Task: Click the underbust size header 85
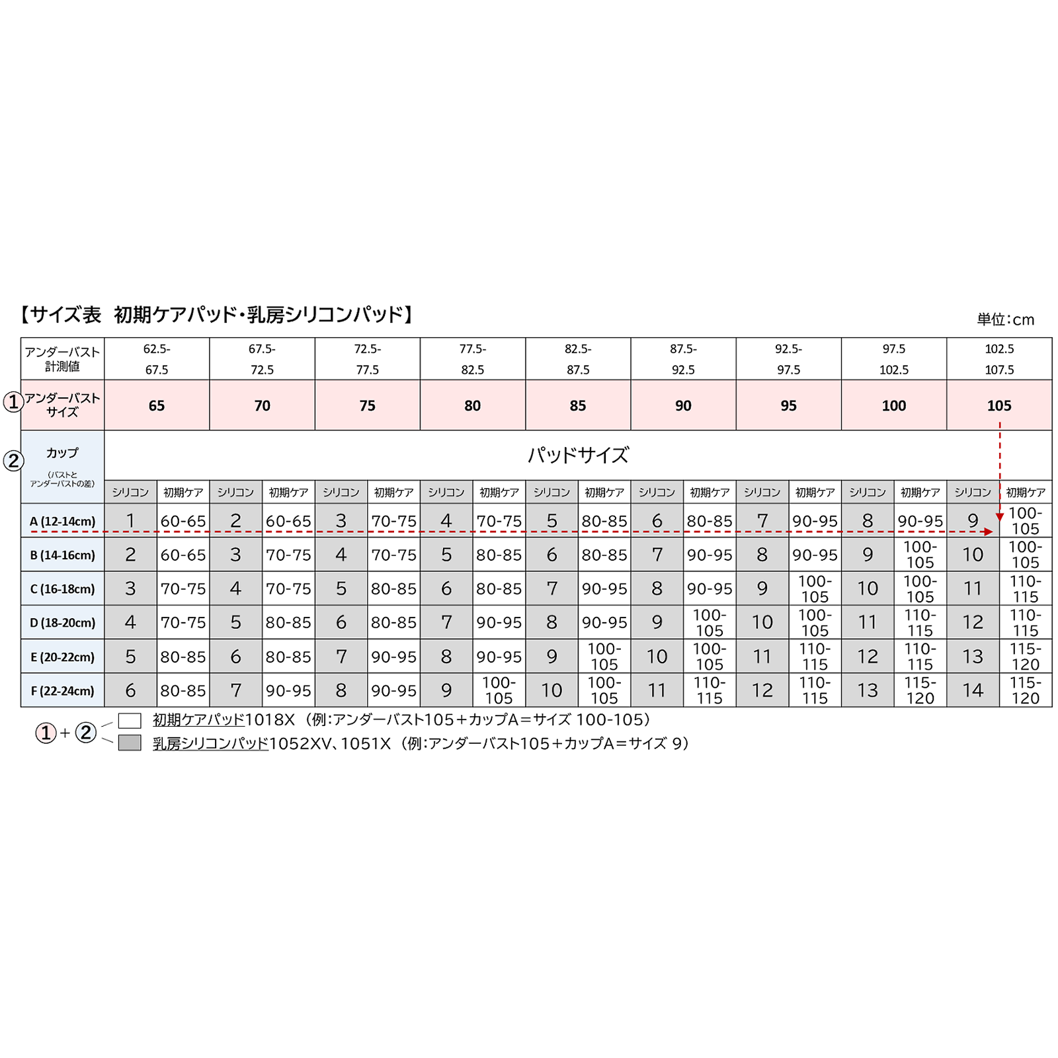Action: tap(577, 405)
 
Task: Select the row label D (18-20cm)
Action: tap(62, 623)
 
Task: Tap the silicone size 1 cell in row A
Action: tap(130, 521)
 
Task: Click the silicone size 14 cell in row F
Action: tap(973, 690)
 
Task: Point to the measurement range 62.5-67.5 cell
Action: tap(157, 359)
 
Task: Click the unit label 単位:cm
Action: tap(1005, 320)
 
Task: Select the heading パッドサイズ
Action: tap(577, 455)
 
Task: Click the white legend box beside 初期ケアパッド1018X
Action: tap(130, 720)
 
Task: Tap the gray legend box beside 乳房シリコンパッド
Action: tap(130, 743)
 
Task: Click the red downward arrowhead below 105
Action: tap(1000, 516)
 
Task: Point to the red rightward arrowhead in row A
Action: tap(989, 532)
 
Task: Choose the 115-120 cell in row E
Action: tap(1025, 657)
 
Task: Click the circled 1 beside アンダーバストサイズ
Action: tap(13, 401)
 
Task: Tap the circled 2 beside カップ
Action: tap(13, 461)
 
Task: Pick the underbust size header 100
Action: tap(893, 405)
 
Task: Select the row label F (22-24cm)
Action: tap(62, 691)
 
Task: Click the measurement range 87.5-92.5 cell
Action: tap(683, 359)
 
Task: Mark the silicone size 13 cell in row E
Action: tap(973, 657)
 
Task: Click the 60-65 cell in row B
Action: tap(183, 555)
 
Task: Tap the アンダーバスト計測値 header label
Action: tap(62, 359)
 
